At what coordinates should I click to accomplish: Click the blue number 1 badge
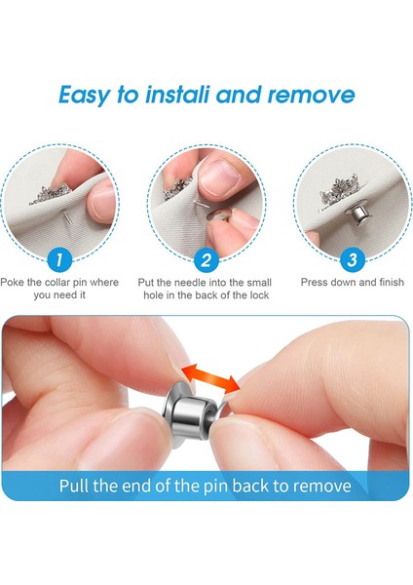(60, 259)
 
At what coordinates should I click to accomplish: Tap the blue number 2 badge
(206, 259)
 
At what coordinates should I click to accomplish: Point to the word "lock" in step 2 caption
(257, 294)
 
